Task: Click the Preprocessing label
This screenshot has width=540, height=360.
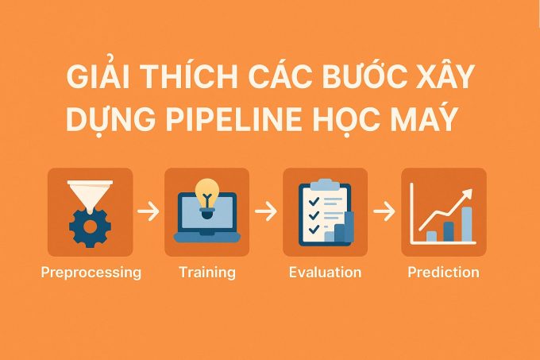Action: [91, 273]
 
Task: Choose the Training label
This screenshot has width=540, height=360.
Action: [207, 273]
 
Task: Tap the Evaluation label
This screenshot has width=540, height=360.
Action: [325, 272]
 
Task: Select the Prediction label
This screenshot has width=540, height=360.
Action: [444, 272]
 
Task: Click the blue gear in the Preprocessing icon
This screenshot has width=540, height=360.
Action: [91, 227]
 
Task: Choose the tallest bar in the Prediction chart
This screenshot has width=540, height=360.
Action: [467, 224]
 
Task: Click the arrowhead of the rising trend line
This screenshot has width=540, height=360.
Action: [468, 194]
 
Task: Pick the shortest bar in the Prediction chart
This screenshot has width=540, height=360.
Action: [431, 236]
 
